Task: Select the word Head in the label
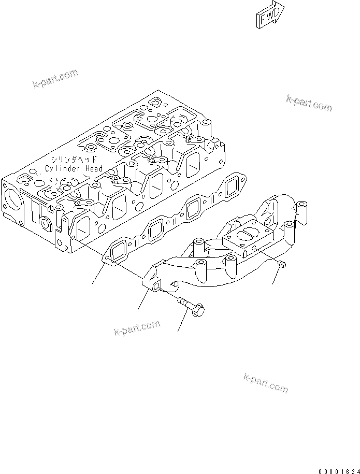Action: click(94, 169)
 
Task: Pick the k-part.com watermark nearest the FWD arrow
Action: click(309, 103)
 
